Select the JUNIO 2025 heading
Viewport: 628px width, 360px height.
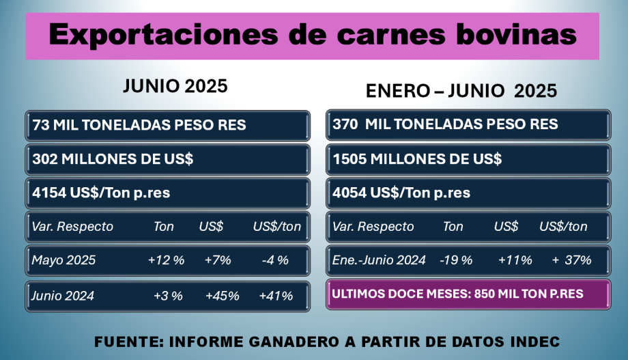click(x=175, y=87)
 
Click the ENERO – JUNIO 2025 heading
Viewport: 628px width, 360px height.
click(x=461, y=90)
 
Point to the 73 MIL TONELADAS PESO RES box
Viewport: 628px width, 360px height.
click(x=167, y=125)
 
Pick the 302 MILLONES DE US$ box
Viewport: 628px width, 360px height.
click(x=167, y=159)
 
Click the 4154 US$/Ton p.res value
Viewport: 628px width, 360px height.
click(x=101, y=193)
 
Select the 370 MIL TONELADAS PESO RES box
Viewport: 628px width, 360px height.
click(x=468, y=124)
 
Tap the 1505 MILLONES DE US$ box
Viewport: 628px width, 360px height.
click(x=468, y=159)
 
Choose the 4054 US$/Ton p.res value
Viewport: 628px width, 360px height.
click(x=401, y=193)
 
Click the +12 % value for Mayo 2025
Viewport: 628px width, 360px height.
click(x=165, y=260)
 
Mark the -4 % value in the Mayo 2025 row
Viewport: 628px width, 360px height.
click(x=275, y=260)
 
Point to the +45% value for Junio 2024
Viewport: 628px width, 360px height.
click(x=222, y=296)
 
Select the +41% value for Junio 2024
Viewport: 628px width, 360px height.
click(x=276, y=296)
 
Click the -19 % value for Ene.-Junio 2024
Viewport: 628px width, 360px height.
click(x=456, y=260)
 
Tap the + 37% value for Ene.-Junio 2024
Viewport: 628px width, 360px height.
click(x=572, y=260)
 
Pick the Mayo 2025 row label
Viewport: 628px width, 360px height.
click(x=63, y=260)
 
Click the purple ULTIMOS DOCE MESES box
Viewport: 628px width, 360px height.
click(x=468, y=294)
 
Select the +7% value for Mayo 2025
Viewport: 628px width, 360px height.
click(x=218, y=260)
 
